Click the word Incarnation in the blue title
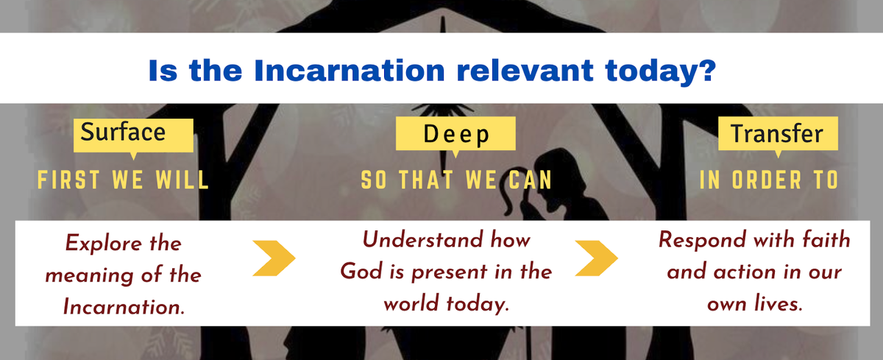click(350, 71)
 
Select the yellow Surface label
click(133, 135)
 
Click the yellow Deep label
click(455, 134)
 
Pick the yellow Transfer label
click(779, 134)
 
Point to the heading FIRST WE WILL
click(123, 180)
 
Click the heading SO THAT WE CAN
click(456, 180)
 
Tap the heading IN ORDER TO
click(769, 180)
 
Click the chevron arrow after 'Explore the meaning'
click(274, 258)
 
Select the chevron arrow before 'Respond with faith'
click(597, 258)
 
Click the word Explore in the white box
click(103, 243)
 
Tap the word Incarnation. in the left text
click(124, 307)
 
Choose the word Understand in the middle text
click(422, 240)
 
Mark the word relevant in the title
click(525, 71)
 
